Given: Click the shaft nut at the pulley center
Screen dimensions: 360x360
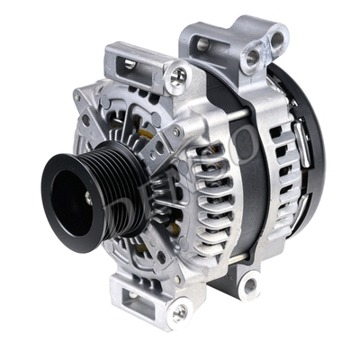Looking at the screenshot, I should pos(87,195).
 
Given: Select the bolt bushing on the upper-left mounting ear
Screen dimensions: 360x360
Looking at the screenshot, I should pos(179,76).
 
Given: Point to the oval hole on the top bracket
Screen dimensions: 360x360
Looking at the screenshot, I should pos(202,43).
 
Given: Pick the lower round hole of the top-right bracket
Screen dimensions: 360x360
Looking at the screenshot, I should pos(253,57).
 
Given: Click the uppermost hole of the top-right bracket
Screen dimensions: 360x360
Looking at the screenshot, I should pos(276,37).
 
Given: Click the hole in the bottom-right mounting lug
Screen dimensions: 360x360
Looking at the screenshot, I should pos(247,286).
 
